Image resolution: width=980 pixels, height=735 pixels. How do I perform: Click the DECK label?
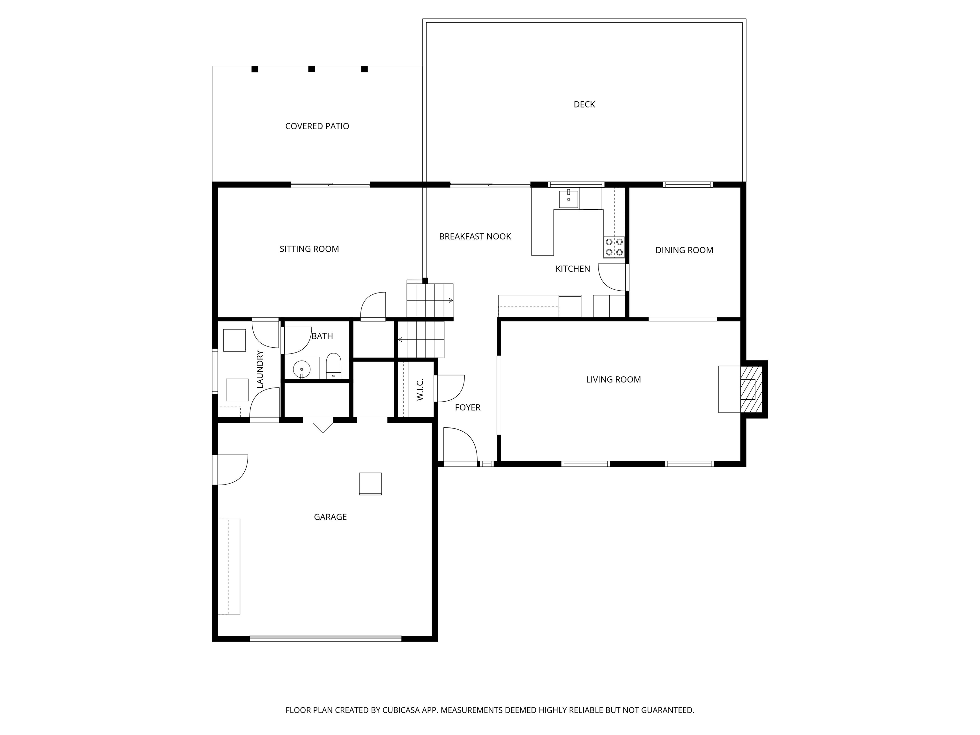[584, 105]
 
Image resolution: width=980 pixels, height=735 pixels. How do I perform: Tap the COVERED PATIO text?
[317, 126]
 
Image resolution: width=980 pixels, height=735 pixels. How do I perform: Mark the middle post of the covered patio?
[311, 69]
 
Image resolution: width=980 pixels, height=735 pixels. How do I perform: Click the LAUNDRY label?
[260, 369]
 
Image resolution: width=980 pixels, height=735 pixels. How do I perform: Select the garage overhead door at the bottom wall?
[325, 638]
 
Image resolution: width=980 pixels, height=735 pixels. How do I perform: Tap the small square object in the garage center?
[370, 484]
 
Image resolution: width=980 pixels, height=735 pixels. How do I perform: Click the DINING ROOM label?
[684, 250]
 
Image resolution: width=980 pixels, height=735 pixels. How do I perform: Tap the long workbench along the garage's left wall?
[229, 566]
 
